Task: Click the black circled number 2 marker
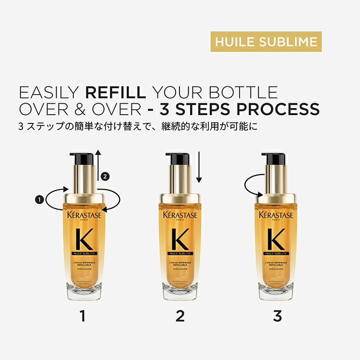106,176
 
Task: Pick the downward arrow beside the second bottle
199,168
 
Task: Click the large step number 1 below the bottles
83,316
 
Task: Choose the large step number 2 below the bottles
180,316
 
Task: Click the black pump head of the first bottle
82,158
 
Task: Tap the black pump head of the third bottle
274,158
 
